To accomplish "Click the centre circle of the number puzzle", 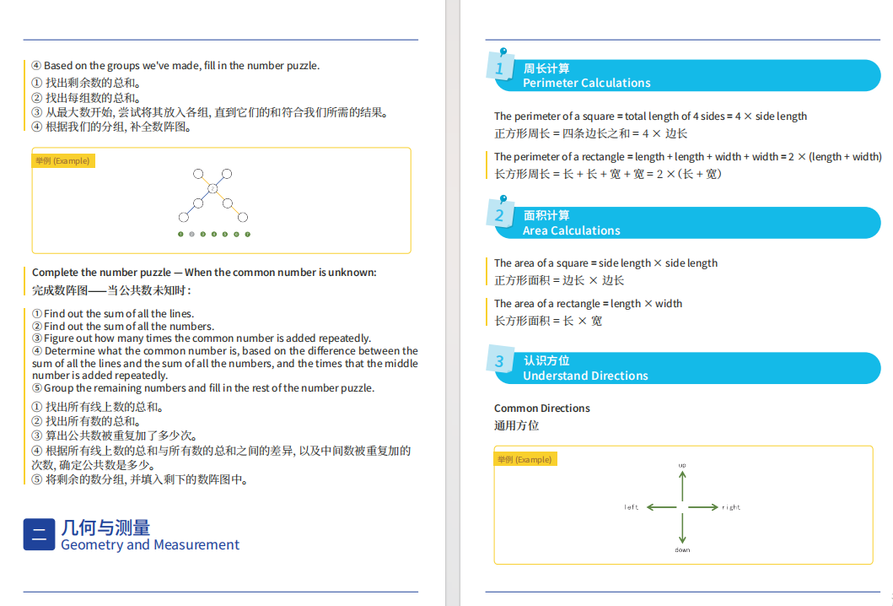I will pos(213,188).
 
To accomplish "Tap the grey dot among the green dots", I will pos(192,234).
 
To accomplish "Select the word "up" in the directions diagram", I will pos(682,465).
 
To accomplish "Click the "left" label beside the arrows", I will pos(632,507).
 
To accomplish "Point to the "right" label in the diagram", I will pos(731,507).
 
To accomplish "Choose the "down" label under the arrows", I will pos(682,550).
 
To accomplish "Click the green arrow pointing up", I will pos(682,486).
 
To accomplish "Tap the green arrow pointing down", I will pos(682,529).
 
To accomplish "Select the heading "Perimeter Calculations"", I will pos(586,83).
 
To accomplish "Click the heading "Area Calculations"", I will pos(571,230).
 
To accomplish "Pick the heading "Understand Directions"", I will pos(585,376).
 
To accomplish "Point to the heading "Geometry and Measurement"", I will pos(150,545).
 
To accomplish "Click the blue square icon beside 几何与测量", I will pos(39,534).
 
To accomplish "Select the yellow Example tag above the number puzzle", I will pos(63,160).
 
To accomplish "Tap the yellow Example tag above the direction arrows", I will pos(525,459).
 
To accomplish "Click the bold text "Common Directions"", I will pos(542,409).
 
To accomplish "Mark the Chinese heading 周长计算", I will pos(546,68).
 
